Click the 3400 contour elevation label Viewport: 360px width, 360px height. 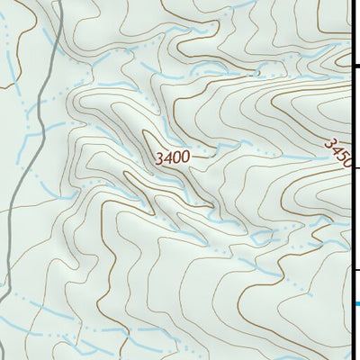(172, 157)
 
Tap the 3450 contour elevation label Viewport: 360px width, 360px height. (337, 152)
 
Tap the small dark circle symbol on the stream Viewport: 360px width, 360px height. (258, 72)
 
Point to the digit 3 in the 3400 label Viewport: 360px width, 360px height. (159, 157)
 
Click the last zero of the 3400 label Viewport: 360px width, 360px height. (184, 157)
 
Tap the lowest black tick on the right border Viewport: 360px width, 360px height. (355, 269)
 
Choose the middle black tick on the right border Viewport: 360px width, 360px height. (355, 167)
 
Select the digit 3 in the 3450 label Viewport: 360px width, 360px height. (329, 141)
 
